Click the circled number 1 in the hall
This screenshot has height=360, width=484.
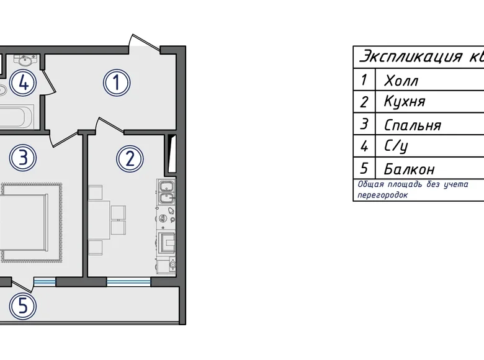[117, 83]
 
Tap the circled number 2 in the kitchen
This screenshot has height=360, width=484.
[130, 159]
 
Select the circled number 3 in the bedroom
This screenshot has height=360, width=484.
[23, 158]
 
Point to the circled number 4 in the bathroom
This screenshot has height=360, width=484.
[23, 83]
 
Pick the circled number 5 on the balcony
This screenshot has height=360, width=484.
[23, 306]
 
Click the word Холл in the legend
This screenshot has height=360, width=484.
[401, 81]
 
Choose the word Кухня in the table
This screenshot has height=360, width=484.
[405, 101]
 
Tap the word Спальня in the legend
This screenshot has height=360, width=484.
[413, 125]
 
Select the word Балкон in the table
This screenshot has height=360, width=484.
[410, 169]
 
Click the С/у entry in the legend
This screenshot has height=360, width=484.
[396, 146]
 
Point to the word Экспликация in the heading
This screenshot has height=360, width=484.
[411, 57]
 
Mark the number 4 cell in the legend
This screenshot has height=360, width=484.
[364, 146]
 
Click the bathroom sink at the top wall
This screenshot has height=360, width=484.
[25, 60]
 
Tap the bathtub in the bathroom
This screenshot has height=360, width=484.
[16, 117]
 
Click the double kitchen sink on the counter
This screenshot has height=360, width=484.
[167, 192]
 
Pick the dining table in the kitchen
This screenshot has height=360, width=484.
[99, 220]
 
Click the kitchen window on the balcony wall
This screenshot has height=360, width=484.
[128, 282]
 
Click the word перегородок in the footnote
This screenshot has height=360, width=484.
[382, 195]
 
